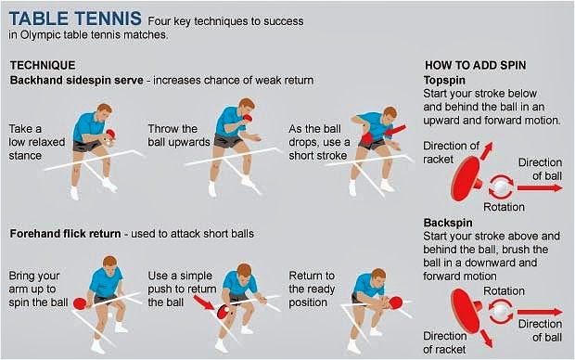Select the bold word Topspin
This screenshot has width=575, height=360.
coord(444,83)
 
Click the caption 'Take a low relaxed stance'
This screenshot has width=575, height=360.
coord(36,141)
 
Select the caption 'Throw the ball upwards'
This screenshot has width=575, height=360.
coord(173,136)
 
